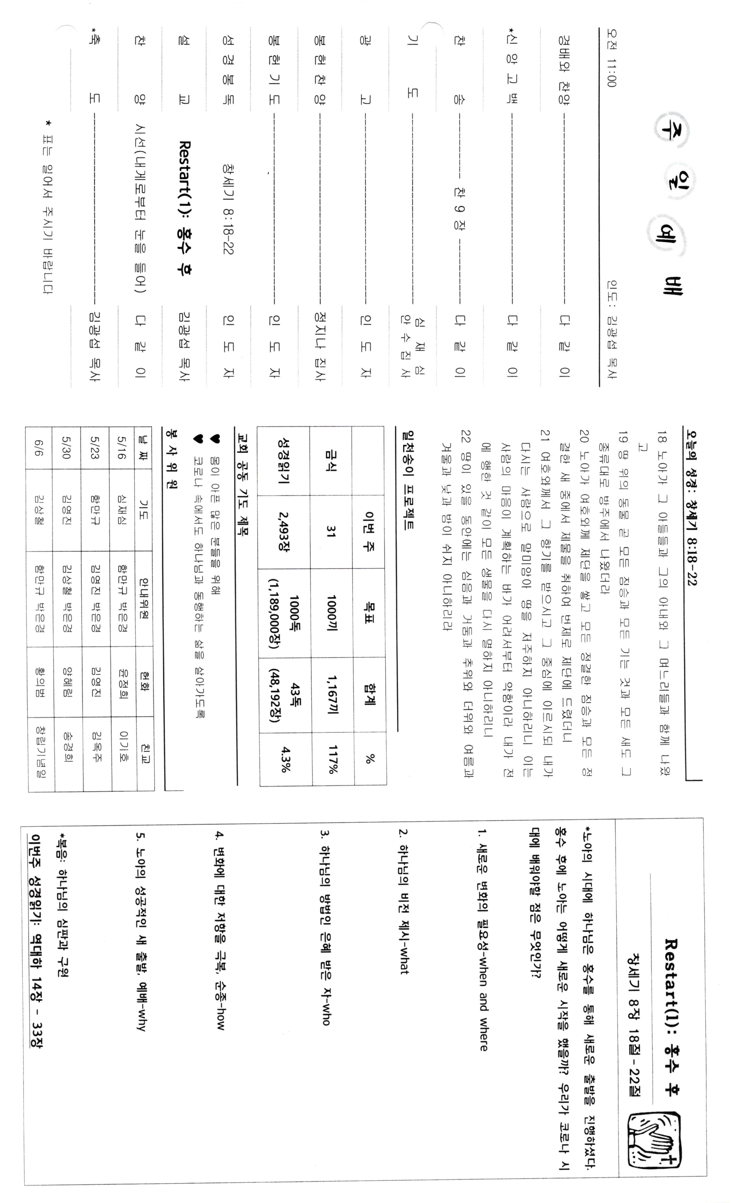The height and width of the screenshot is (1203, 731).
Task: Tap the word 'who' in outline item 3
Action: tap(325, 1012)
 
